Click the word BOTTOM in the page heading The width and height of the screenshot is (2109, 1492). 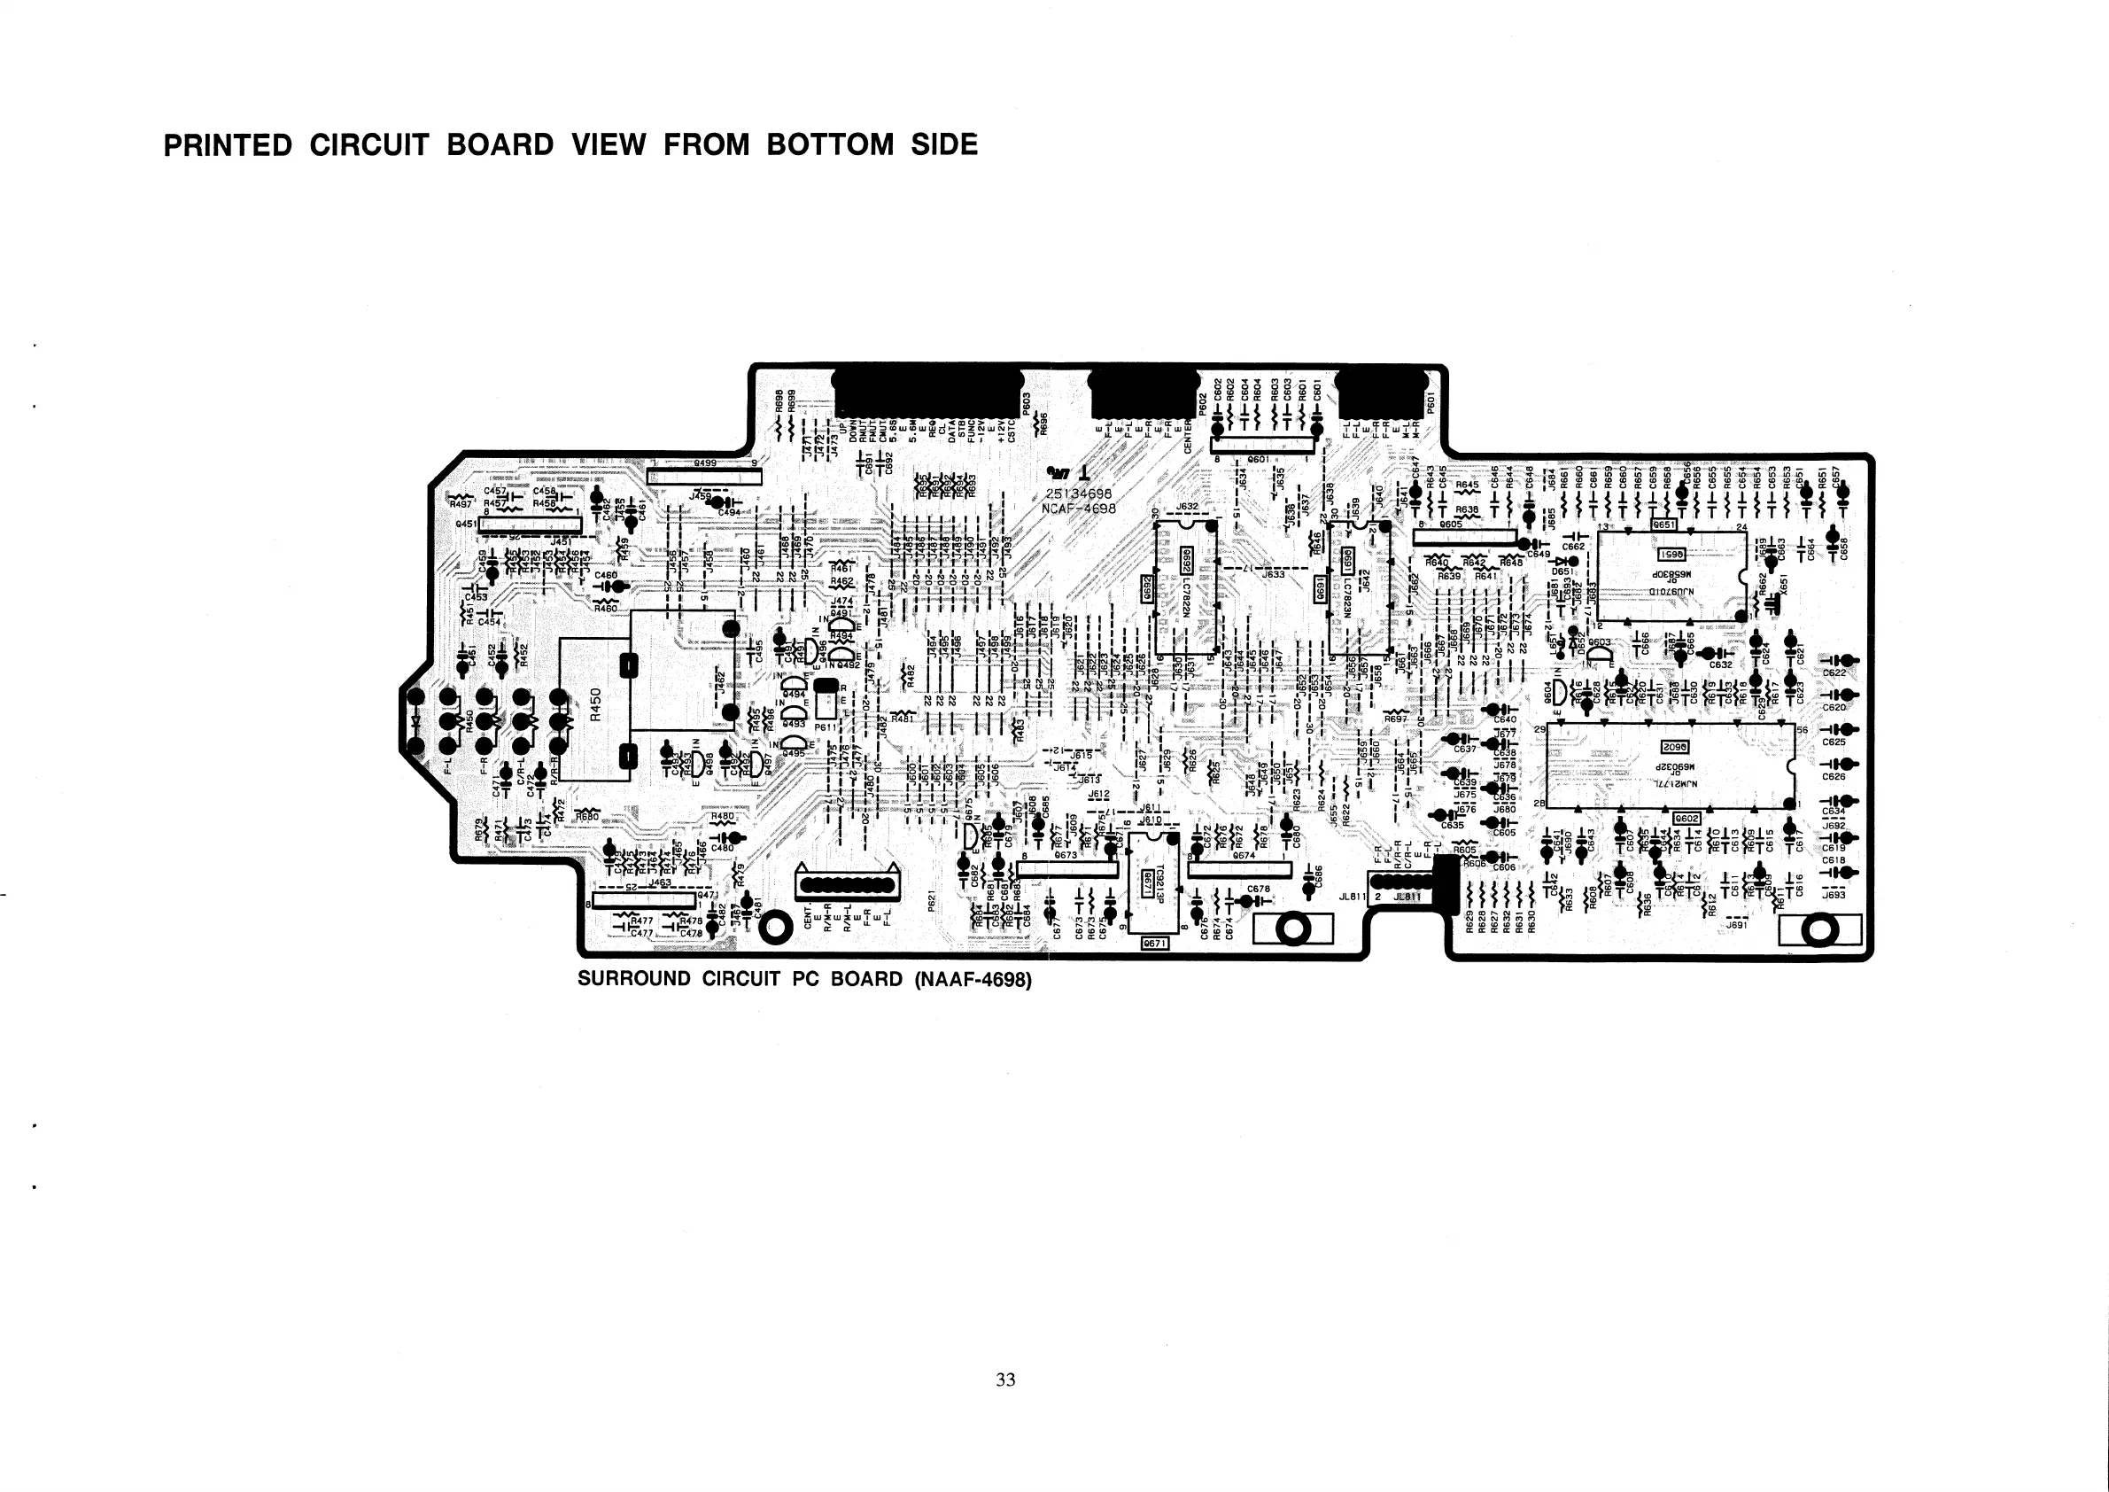click(x=829, y=145)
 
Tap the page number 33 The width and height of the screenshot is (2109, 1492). click(x=1006, y=1379)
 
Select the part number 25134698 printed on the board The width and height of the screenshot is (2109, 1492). click(x=1078, y=493)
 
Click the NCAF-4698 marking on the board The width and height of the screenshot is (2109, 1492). click(x=1078, y=509)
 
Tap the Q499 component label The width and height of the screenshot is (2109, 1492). click(x=705, y=464)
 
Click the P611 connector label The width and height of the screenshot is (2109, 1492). click(x=823, y=727)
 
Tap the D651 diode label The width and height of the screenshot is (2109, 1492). click(x=1562, y=571)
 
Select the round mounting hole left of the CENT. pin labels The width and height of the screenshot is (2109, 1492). click(x=775, y=928)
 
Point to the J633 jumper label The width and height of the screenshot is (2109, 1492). click(x=1273, y=575)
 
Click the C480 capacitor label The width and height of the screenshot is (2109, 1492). click(x=723, y=848)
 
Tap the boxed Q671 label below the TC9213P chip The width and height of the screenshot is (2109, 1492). click(x=1152, y=944)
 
